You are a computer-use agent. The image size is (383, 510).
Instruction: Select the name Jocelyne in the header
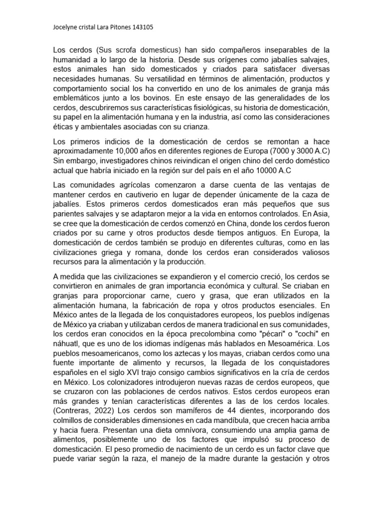pyautogui.click(x=66, y=28)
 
